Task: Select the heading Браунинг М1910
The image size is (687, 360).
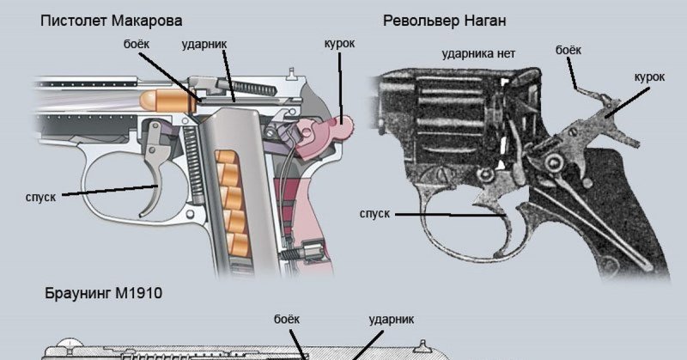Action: coord(103,294)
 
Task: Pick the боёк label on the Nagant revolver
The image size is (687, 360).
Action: coord(568,51)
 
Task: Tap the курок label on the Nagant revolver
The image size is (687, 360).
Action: coord(649,76)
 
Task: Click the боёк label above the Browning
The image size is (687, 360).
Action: coord(285,319)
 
